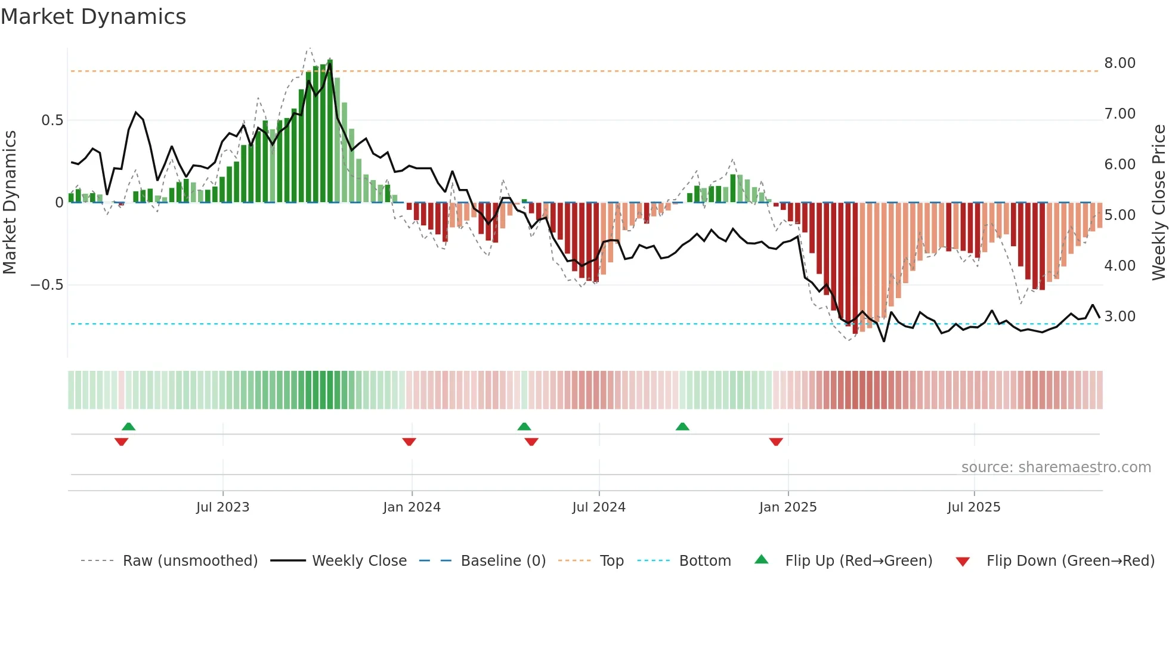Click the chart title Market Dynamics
[x=93, y=17]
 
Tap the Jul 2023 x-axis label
[x=222, y=507]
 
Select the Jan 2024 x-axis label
[x=412, y=507]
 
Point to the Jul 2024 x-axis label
[x=599, y=507]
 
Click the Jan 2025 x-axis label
[x=788, y=507]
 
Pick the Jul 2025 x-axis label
[x=974, y=507]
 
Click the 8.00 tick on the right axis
[x=1119, y=63]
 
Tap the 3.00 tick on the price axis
[x=1119, y=317]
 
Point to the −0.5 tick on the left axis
[x=47, y=285]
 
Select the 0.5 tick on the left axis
[x=52, y=120]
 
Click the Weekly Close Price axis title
[x=1158, y=202]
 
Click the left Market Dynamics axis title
[x=10, y=202]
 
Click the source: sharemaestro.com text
[x=1056, y=467]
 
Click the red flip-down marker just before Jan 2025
[x=776, y=442]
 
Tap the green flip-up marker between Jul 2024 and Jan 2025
[x=682, y=426]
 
